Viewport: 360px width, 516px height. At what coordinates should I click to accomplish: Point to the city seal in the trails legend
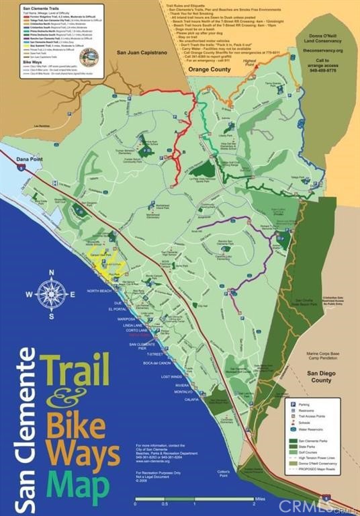tap(89, 58)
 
